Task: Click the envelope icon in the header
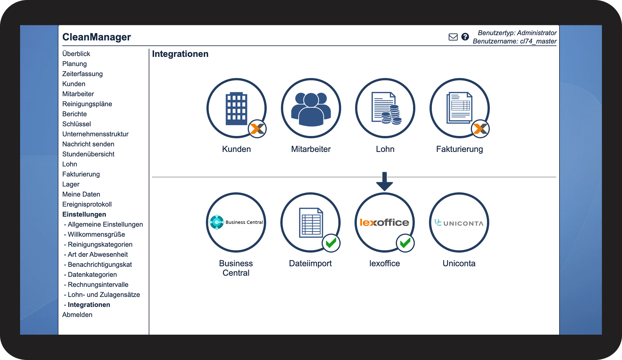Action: pyautogui.click(x=453, y=37)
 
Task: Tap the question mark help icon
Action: pyautogui.click(x=465, y=37)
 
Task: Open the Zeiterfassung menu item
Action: pyautogui.click(x=82, y=74)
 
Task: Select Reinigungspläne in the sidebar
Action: pyautogui.click(x=87, y=104)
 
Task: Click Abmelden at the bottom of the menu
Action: pyautogui.click(x=77, y=315)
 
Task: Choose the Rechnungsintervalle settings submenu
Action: pyautogui.click(x=98, y=285)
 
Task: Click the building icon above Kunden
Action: pyautogui.click(x=236, y=109)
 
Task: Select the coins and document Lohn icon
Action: pyautogui.click(x=386, y=108)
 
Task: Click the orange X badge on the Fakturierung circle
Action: pyautogui.click(x=480, y=129)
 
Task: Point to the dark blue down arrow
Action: pyautogui.click(x=384, y=181)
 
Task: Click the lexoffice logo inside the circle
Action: pyautogui.click(x=384, y=222)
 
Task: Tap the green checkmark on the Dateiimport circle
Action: pyautogui.click(x=331, y=243)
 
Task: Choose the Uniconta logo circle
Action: pyautogui.click(x=459, y=223)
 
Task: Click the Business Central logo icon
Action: pyautogui.click(x=216, y=222)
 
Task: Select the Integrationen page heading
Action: pyautogui.click(x=180, y=54)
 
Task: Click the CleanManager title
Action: pyautogui.click(x=96, y=37)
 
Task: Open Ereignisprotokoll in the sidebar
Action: pyautogui.click(x=87, y=204)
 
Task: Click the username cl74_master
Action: pyautogui.click(x=538, y=42)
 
